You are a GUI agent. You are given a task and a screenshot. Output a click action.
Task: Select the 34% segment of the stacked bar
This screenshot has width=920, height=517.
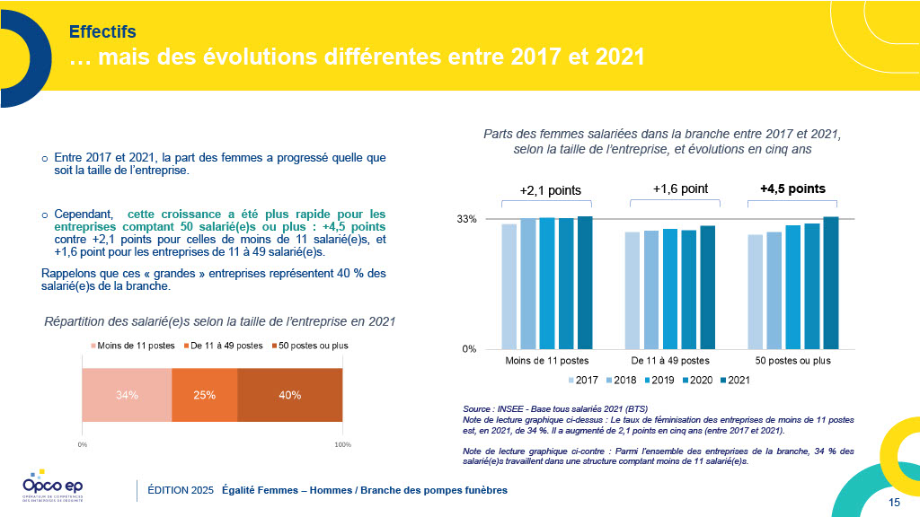pyautogui.click(x=127, y=395)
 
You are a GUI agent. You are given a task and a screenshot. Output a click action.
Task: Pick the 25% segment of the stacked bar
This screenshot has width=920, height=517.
pyautogui.click(x=204, y=395)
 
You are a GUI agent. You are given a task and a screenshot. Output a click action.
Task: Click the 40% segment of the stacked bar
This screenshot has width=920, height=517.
pyautogui.click(x=289, y=395)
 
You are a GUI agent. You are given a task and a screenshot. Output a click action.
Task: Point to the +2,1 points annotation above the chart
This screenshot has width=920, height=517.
pyautogui.click(x=550, y=190)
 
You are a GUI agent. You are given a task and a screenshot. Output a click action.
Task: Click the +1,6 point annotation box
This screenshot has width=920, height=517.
pyautogui.click(x=680, y=189)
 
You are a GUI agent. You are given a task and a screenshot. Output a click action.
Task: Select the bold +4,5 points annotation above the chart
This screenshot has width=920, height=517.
pyautogui.click(x=792, y=189)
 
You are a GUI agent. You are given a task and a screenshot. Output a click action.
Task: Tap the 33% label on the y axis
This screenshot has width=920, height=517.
pyautogui.click(x=467, y=219)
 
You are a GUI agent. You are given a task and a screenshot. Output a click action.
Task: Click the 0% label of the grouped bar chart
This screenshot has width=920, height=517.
pyautogui.click(x=470, y=349)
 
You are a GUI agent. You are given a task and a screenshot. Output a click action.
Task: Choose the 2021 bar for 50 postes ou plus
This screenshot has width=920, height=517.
pyautogui.click(x=830, y=283)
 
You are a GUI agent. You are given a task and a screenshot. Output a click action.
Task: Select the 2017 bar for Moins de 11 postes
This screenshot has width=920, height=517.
pyautogui.click(x=509, y=286)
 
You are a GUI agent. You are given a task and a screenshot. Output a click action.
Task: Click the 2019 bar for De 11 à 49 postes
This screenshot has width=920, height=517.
pyautogui.click(x=669, y=288)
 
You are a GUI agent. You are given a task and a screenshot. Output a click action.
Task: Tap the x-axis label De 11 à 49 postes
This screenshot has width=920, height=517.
pyautogui.click(x=669, y=361)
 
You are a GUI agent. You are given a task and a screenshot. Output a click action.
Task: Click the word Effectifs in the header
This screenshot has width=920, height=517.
pyautogui.click(x=102, y=32)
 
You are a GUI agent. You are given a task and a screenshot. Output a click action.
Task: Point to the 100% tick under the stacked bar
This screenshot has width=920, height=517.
pyautogui.click(x=342, y=444)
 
